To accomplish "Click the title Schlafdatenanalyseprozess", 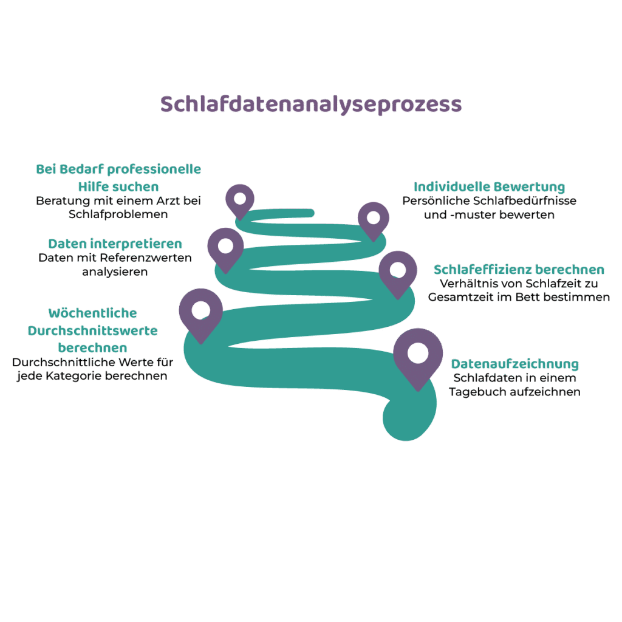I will pyautogui.click(x=311, y=104).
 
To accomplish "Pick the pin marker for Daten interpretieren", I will pyautogui.click(x=225, y=247).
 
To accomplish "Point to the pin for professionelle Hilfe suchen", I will pyautogui.click(x=239, y=199).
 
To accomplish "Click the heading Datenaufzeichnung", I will pyautogui.click(x=514, y=364).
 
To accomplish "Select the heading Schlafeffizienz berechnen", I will pyautogui.click(x=519, y=270).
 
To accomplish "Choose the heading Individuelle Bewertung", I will pyautogui.click(x=489, y=186).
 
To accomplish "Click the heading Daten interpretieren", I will pyautogui.click(x=115, y=244).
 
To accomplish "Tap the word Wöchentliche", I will pyautogui.click(x=93, y=313).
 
